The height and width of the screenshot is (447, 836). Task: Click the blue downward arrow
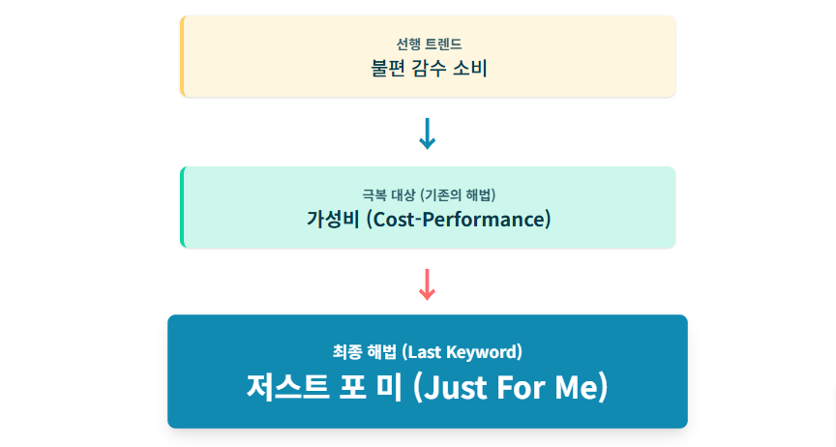427,134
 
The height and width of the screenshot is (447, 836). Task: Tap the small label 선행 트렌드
428,45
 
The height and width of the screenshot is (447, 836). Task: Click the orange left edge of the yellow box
182,56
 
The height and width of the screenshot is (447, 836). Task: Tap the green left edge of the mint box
182,207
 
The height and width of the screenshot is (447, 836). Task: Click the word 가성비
332,220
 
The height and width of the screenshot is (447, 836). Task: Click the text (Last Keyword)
461,351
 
